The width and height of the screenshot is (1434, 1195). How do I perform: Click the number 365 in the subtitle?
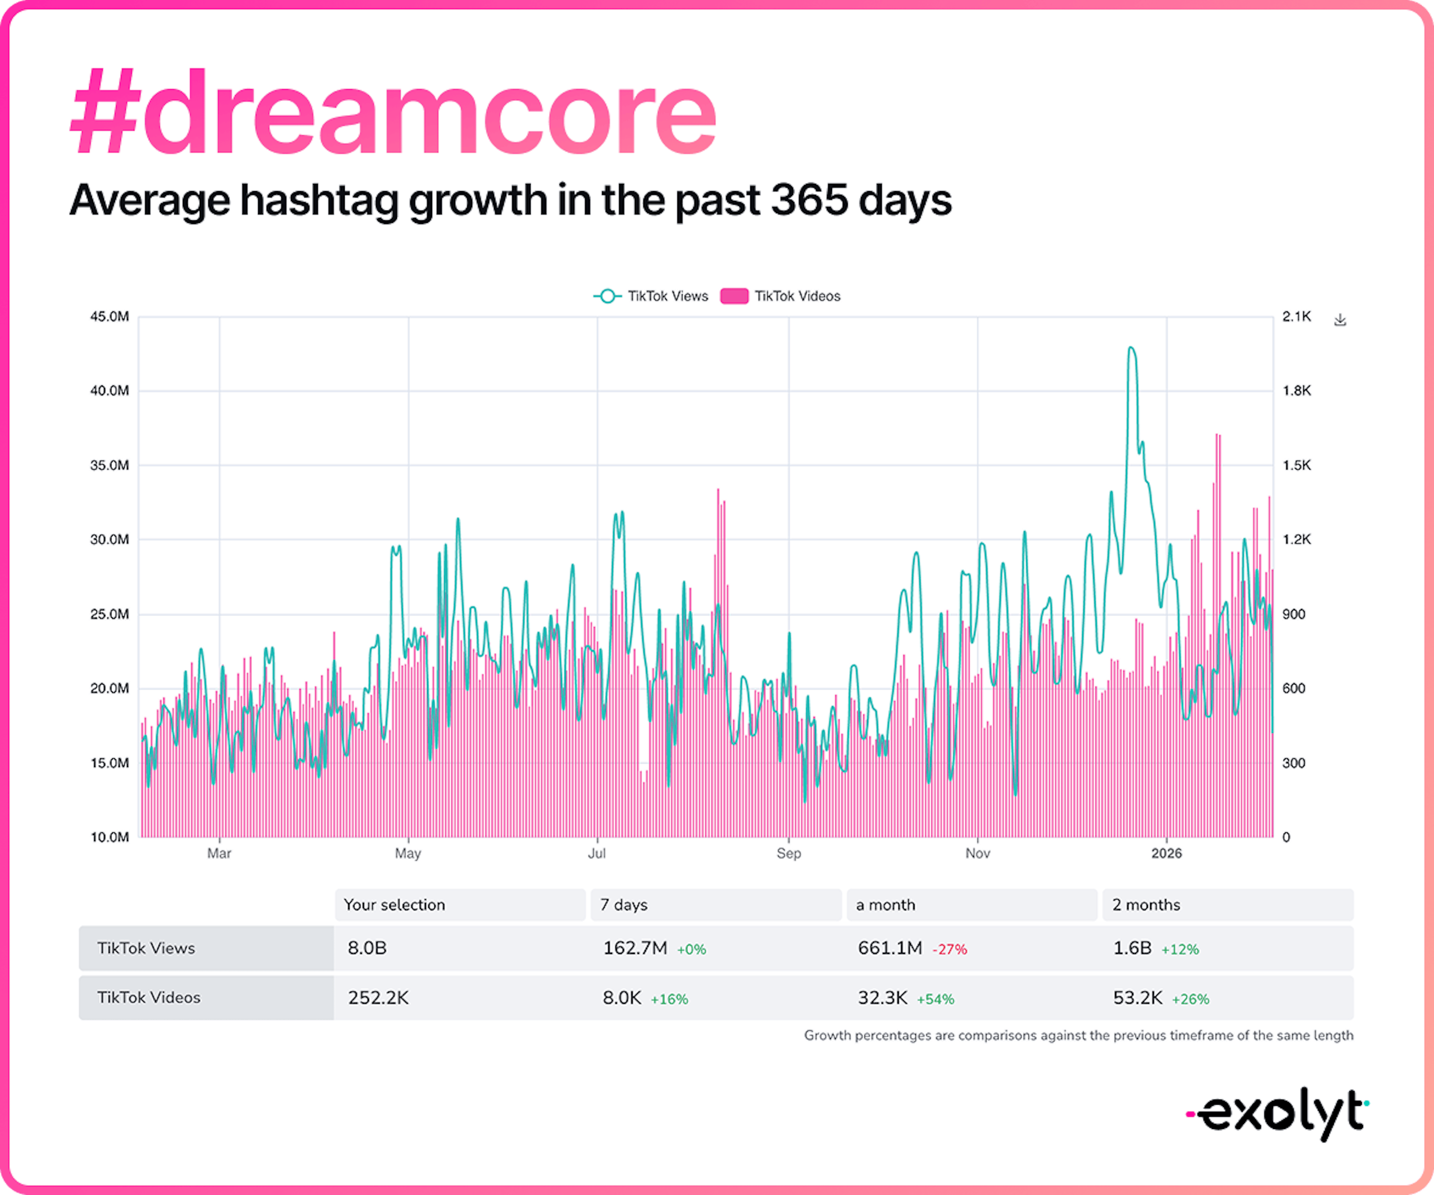[x=808, y=200]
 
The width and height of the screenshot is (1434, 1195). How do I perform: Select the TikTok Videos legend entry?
[x=780, y=296]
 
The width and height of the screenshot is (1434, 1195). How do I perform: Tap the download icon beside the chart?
[x=1340, y=319]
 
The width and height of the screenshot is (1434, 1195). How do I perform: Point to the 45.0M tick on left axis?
[x=109, y=317]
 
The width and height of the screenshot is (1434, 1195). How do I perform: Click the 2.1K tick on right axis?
[x=1296, y=317]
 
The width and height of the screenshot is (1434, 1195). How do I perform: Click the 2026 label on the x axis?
[x=1166, y=853]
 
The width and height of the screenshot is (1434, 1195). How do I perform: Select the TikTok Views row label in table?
[x=146, y=948]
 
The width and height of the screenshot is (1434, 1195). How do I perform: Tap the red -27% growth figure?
[x=950, y=949]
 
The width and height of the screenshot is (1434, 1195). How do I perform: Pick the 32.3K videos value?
[x=882, y=998]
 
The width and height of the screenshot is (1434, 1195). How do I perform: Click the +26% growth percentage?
[x=1190, y=999]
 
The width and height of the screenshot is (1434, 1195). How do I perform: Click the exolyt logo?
[x=1277, y=1114]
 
